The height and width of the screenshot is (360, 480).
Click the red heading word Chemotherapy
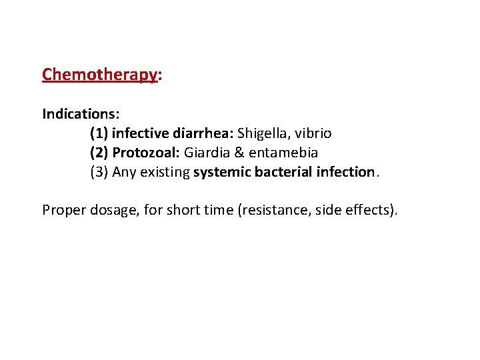tap(99, 74)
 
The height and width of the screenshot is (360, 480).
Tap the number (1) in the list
tap(99, 133)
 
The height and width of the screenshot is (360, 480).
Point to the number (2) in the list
tap(99, 153)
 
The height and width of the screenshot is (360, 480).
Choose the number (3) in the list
tap(99, 172)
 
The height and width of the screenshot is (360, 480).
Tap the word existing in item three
tap(165, 172)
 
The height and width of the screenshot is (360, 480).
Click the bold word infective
tap(139, 133)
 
